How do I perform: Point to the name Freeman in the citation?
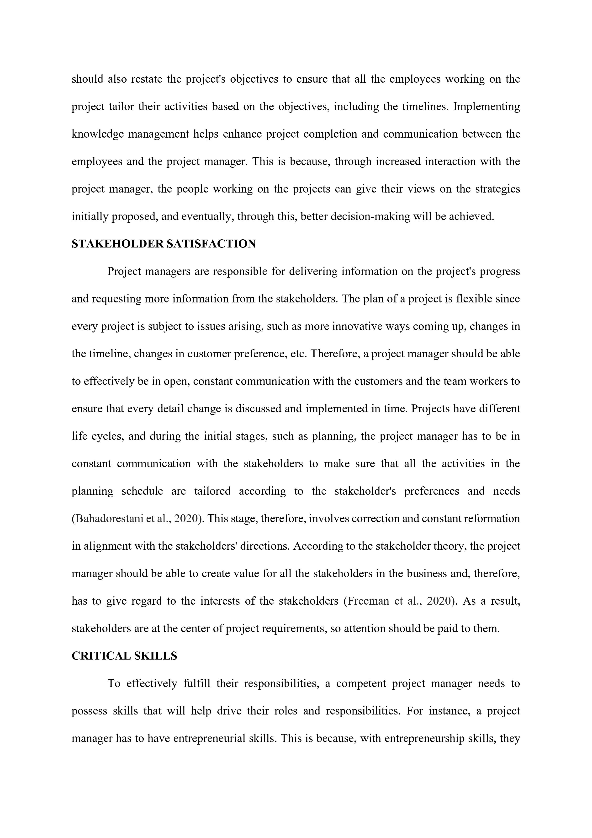point(368,601)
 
